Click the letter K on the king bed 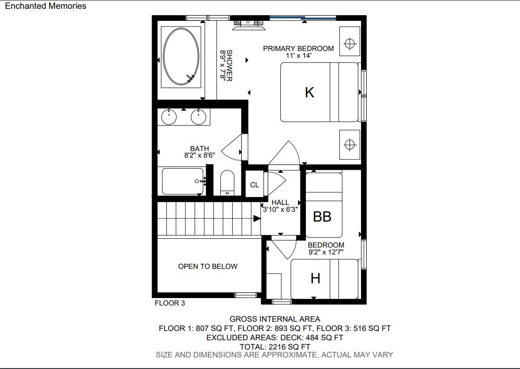(x=310, y=92)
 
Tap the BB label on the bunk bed (x=322, y=216)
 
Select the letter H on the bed (x=315, y=278)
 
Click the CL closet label (x=254, y=185)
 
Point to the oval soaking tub (x=181, y=57)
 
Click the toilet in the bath (x=227, y=183)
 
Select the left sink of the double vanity (x=169, y=117)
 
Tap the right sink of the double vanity (x=199, y=117)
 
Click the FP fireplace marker (x=248, y=23)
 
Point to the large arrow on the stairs (x=257, y=218)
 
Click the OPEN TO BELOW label (x=208, y=267)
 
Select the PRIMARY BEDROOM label (x=298, y=49)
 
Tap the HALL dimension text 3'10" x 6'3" (x=280, y=210)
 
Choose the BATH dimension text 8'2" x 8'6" (x=200, y=155)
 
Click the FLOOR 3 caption (x=170, y=303)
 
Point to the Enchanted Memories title (x=46, y=6)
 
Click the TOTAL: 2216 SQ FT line (x=275, y=347)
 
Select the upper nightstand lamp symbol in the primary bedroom (x=350, y=44)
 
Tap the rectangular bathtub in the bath (x=183, y=181)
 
